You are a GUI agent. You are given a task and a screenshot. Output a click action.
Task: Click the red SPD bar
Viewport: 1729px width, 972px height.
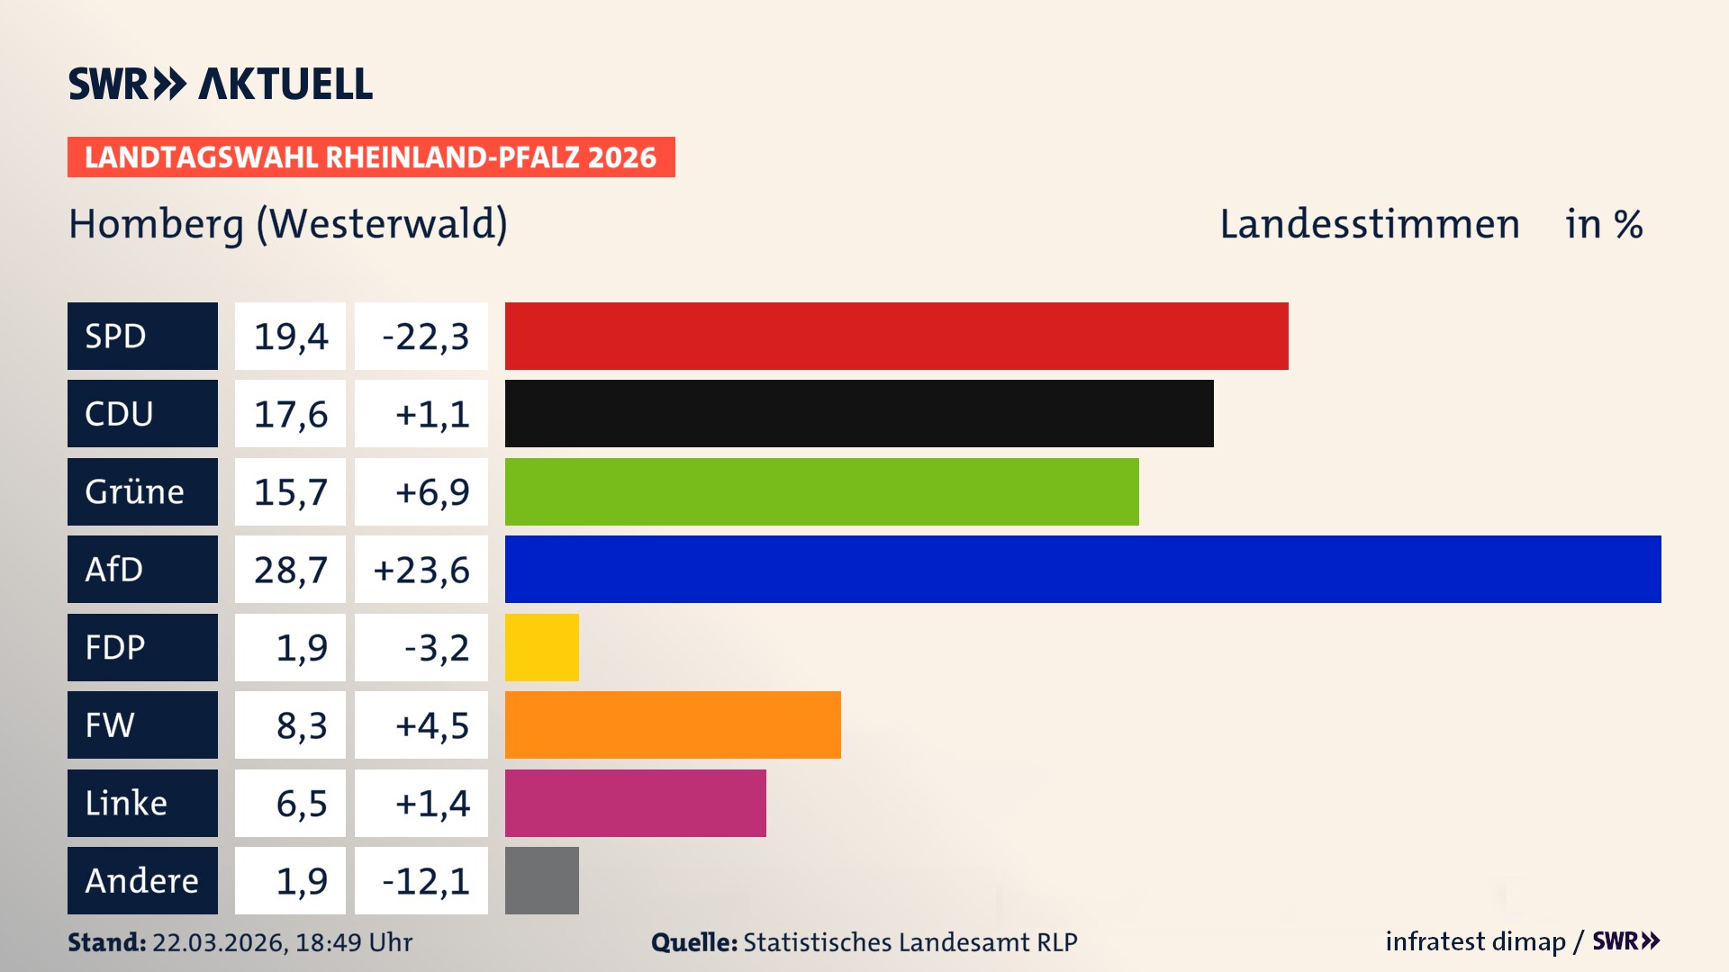coord(896,336)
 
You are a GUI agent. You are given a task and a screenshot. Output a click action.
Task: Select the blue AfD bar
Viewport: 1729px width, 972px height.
coord(1082,569)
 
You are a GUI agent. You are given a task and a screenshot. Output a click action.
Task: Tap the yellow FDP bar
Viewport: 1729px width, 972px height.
coord(541,647)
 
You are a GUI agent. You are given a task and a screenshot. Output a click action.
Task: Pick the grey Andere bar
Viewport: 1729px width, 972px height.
coord(541,880)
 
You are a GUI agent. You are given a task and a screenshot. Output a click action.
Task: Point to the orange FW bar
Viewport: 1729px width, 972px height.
coord(673,724)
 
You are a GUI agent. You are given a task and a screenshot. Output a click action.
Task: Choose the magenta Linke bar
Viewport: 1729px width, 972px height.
coord(635,803)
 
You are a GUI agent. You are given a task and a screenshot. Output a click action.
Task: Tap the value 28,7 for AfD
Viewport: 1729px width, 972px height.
coord(290,570)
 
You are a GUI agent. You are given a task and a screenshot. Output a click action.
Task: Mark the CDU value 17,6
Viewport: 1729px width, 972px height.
coord(290,414)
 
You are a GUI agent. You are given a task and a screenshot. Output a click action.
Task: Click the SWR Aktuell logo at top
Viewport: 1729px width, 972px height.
coord(221,84)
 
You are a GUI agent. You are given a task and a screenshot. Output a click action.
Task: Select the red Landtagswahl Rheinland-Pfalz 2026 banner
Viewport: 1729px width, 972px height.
coord(370,157)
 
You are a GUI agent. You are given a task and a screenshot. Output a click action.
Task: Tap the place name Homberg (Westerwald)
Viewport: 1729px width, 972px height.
coord(288,224)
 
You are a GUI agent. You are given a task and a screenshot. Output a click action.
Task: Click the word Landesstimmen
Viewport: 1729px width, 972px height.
coord(1369,224)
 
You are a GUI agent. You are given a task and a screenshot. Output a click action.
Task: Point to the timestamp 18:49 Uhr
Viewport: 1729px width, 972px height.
coord(353,942)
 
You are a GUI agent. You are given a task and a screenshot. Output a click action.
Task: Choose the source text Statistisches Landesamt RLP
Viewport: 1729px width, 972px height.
coord(910,942)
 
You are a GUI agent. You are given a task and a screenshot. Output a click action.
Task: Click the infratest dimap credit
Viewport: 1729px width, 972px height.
coord(1475,941)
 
